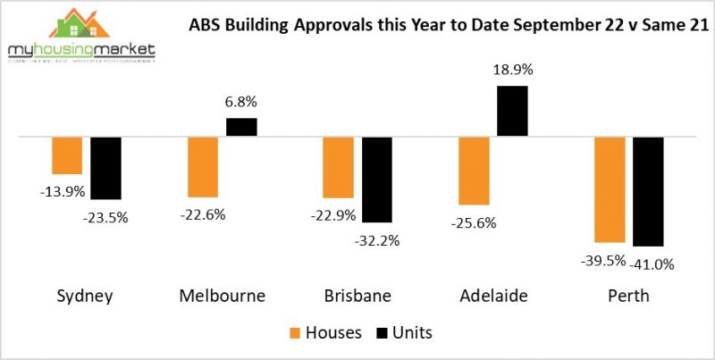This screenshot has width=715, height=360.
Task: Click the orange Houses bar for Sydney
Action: (x=67, y=156)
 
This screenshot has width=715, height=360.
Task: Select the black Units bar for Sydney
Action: (x=105, y=168)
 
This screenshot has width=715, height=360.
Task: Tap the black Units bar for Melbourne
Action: (x=241, y=127)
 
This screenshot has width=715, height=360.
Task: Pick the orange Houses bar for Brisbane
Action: (x=338, y=168)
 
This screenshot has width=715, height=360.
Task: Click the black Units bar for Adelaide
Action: (x=513, y=111)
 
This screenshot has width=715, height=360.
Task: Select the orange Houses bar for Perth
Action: (x=610, y=189)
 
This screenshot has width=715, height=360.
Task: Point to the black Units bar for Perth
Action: (x=648, y=191)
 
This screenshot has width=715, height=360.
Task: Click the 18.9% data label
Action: (x=512, y=70)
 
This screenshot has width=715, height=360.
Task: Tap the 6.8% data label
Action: (x=241, y=103)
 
